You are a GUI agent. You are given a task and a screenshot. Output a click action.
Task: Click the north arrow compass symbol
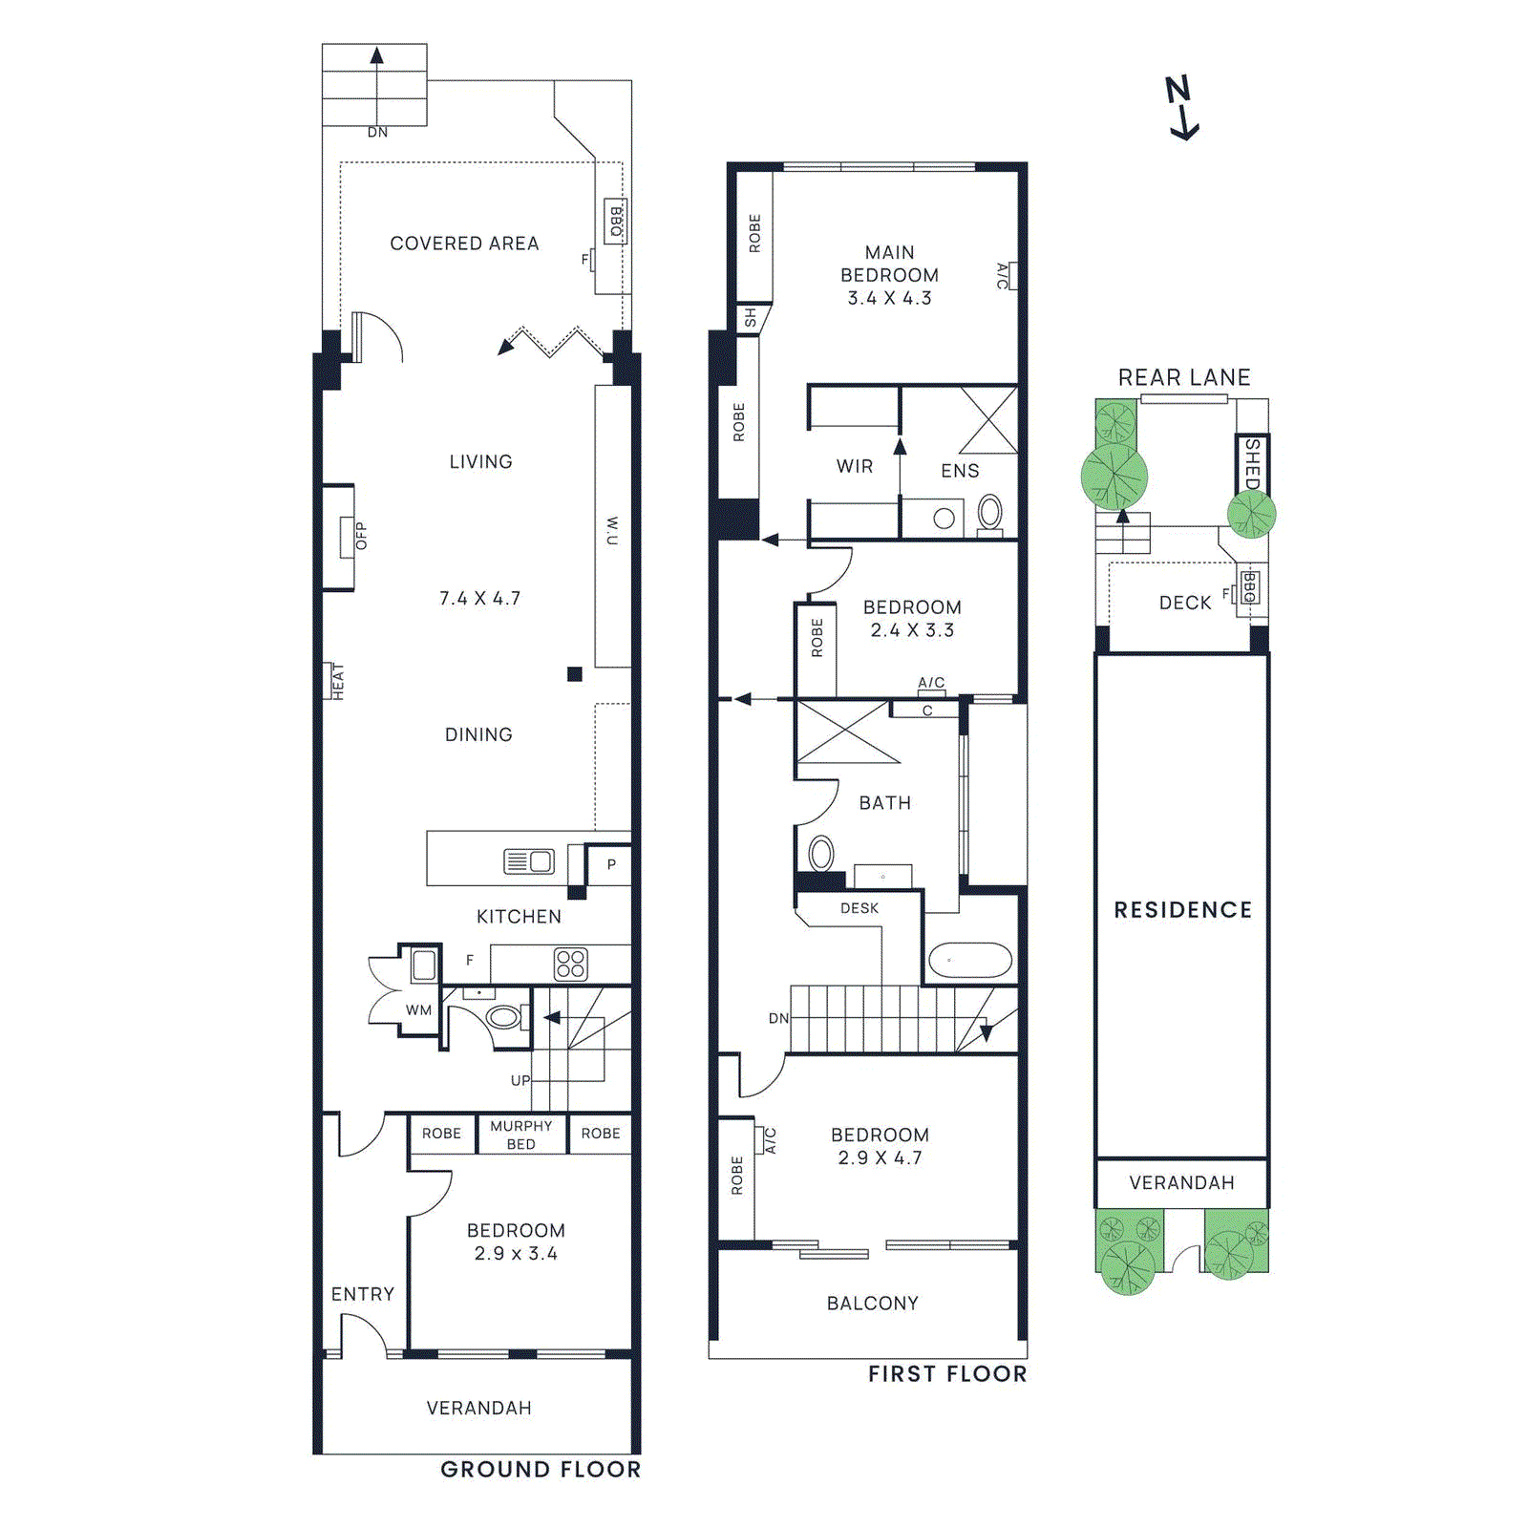tap(1181, 108)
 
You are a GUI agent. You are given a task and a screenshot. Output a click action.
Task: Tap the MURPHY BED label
tap(520, 1135)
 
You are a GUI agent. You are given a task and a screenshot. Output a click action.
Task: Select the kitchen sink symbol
tap(529, 861)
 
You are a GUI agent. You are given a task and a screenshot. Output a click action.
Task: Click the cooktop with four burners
tap(570, 964)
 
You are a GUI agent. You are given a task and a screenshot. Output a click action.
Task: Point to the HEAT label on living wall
tap(336, 681)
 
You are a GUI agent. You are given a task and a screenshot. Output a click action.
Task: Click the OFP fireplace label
tap(360, 536)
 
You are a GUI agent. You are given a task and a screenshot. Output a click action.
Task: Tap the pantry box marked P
tap(610, 864)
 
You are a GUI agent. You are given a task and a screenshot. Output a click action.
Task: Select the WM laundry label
tap(418, 1009)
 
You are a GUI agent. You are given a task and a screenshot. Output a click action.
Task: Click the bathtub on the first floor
tap(970, 960)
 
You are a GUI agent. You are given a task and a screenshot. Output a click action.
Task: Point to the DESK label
tap(859, 908)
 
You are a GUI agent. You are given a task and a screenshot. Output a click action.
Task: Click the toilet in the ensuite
tap(990, 513)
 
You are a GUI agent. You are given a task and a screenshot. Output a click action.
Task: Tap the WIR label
tap(854, 466)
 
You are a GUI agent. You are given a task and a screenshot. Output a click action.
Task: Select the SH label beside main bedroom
tap(751, 318)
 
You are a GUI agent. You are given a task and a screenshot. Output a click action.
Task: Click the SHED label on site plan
tap(1252, 463)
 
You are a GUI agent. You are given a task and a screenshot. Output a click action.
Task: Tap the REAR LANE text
tap(1183, 377)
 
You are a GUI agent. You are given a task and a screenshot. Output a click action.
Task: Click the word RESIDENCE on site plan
tap(1182, 910)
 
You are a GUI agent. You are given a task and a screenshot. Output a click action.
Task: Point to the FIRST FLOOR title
tap(946, 1373)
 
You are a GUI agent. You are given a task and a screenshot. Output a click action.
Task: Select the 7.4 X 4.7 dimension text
tap(479, 598)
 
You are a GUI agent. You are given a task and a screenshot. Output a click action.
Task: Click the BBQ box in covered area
tap(616, 222)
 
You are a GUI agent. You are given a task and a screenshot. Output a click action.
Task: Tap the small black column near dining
tap(574, 674)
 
